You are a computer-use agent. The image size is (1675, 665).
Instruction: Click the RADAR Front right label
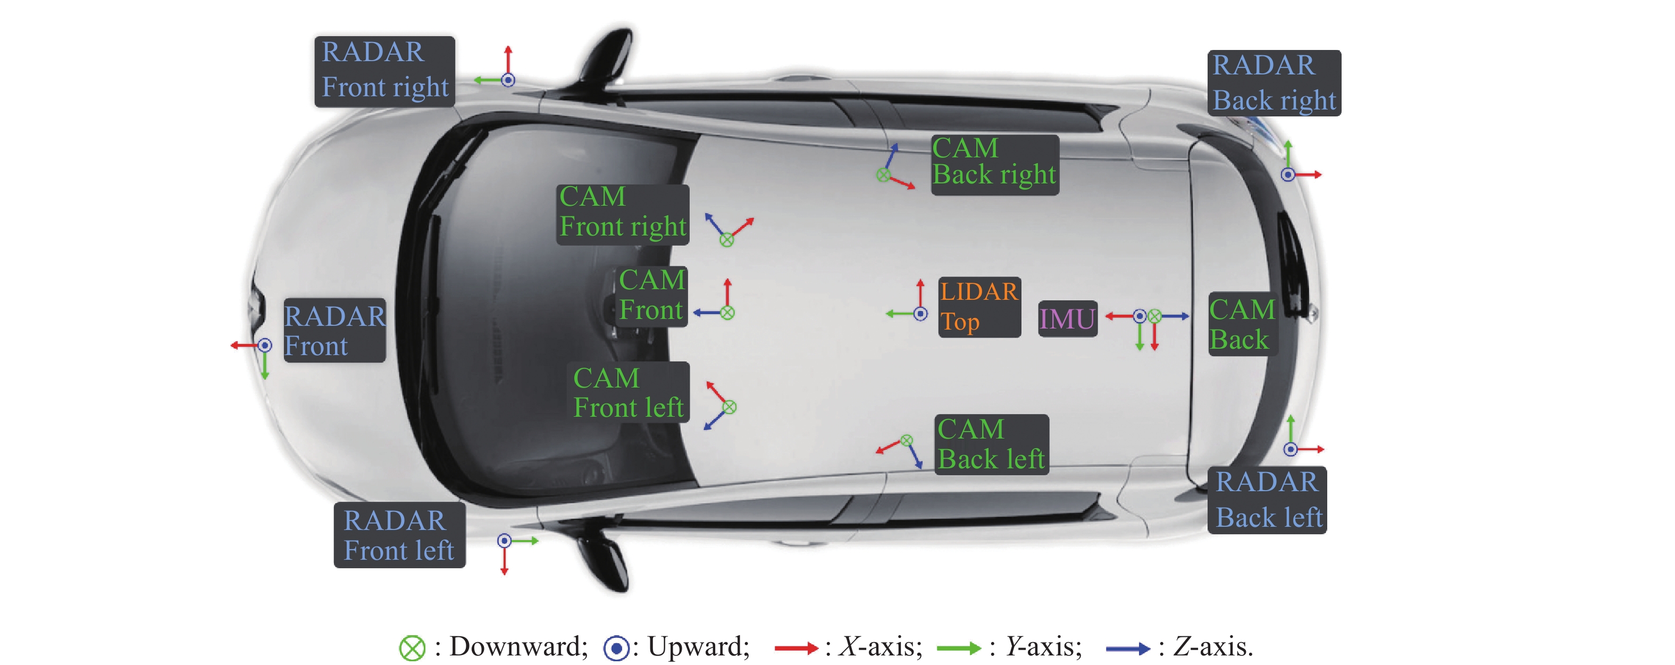point(384,71)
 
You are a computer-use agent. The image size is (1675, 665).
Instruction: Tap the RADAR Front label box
point(334,330)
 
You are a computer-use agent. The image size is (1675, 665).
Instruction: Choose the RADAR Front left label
point(399,534)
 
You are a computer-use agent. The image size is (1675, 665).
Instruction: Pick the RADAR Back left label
point(1267,500)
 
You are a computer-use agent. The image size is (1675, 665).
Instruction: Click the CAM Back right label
point(994,164)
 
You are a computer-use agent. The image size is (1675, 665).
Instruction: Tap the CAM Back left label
point(991,444)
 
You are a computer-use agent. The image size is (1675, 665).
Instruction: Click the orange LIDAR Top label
point(978,307)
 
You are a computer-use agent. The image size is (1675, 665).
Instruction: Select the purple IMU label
point(1067,318)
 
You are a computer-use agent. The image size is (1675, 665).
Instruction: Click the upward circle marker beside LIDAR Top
point(920,314)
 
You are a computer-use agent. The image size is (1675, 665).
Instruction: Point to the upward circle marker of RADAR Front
point(265,345)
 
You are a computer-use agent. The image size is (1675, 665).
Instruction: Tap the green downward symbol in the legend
point(412,648)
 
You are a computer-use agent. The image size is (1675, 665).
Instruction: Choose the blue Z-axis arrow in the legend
point(1127,648)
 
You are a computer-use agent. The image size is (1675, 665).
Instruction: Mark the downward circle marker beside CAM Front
point(727,313)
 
